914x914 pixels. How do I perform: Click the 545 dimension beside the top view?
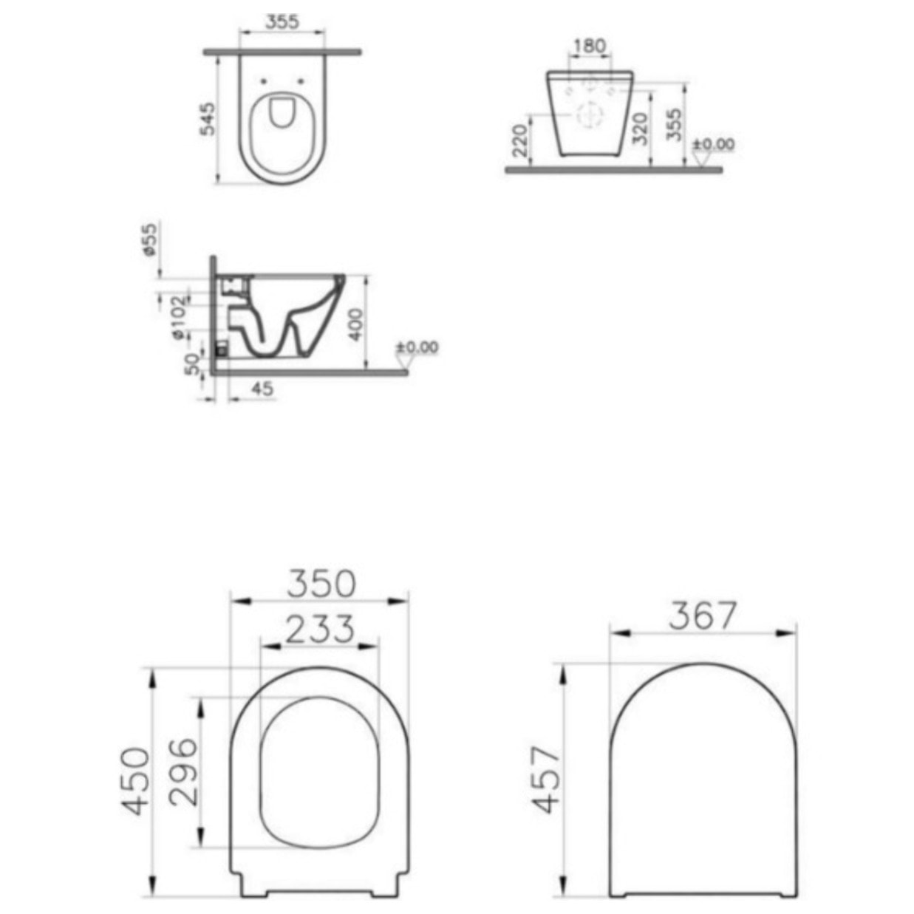pyautogui.click(x=208, y=118)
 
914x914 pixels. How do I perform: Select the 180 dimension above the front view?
pyautogui.click(x=589, y=46)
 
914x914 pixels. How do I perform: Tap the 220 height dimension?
pyautogui.click(x=520, y=140)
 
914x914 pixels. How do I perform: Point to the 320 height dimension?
pyautogui.click(x=641, y=128)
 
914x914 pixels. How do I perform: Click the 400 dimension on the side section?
pyautogui.click(x=355, y=324)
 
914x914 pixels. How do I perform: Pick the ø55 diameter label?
pyautogui.click(x=150, y=239)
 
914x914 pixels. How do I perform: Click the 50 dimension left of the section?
pyautogui.click(x=192, y=363)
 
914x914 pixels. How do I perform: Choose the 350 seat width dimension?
pyautogui.click(x=321, y=583)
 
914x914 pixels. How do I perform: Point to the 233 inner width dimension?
pyautogui.click(x=319, y=630)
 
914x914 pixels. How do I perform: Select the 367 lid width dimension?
pyautogui.click(x=703, y=615)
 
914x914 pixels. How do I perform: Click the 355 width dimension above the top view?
pyautogui.click(x=282, y=21)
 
